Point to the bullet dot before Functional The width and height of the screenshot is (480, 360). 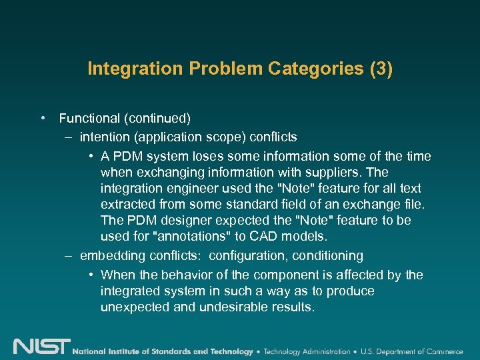pyautogui.click(x=43, y=119)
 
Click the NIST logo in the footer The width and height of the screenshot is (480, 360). pyautogui.click(x=41, y=347)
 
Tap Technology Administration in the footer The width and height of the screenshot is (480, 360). pyautogui.click(x=307, y=351)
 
